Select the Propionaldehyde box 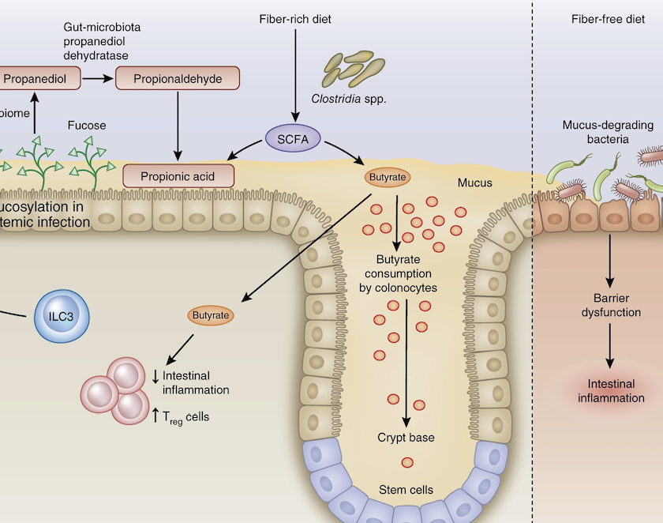pyautogui.click(x=178, y=79)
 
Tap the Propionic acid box pyautogui.click(x=179, y=175)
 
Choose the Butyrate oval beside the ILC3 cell pyautogui.click(x=211, y=315)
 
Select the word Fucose pyautogui.click(x=87, y=125)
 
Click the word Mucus pyautogui.click(x=475, y=183)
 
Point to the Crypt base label pyautogui.click(x=406, y=437)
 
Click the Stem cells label pyautogui.click(x=406, y=490)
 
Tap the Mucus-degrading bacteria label pyautogui.click(x=606, y=132)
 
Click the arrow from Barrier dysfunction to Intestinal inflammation pyautogui.click(x=609, y=346)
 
